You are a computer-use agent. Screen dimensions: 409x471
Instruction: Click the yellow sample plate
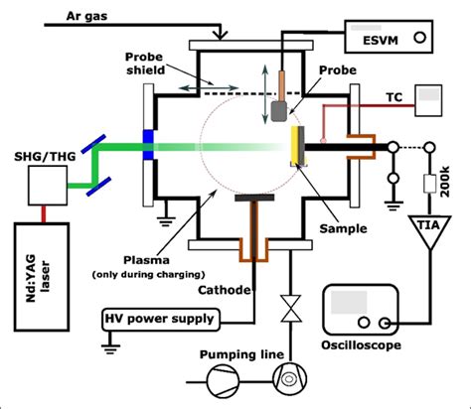click(296, 147)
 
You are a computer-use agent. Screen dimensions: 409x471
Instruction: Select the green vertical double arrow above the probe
click(265, 80)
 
